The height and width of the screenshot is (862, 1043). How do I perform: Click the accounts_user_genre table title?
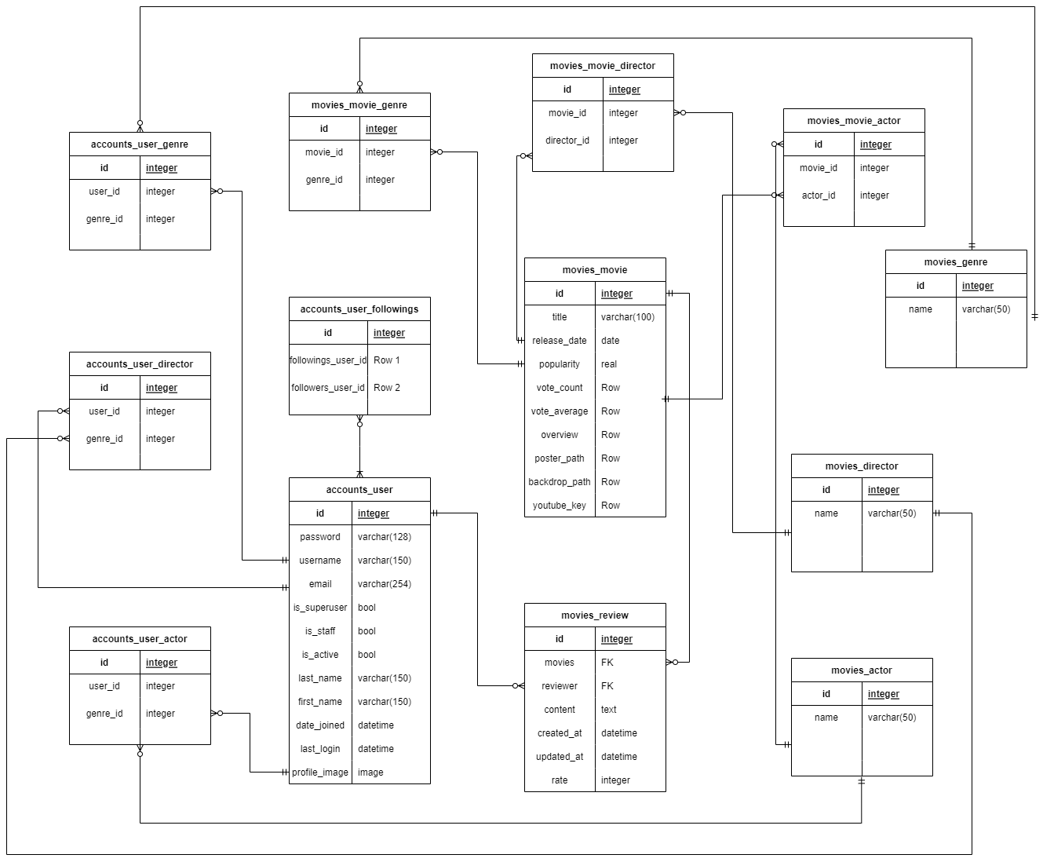tap(140, 144)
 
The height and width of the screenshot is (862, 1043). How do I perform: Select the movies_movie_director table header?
tap(603, 66)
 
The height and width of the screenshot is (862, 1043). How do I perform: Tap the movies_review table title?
tap(595, 615)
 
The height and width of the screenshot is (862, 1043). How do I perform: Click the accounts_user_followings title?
tap(359, 309)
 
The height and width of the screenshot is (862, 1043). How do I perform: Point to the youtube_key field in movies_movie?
tap(560, 506)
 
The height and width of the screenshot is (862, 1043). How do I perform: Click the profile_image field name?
tap(320, 773)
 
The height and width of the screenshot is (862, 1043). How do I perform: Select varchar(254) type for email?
tap(385, 584)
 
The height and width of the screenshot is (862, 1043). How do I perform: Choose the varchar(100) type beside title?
tap(628, 317)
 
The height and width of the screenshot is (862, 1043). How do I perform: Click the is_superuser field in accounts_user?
tap(320, 608)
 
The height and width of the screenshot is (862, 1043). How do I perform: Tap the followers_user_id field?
tap(328, 388)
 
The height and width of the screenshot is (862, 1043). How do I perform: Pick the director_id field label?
tap(567, 141)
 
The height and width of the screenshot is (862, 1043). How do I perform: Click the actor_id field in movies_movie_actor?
tap(819, 195)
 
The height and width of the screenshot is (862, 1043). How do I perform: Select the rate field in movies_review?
tap(560, 780)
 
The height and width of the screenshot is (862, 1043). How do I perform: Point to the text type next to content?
tap(609, 710)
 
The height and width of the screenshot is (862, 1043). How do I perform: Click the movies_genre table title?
tap(956, 262)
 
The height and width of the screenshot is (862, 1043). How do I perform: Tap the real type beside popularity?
tap(609, 364)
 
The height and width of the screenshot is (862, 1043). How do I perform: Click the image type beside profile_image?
tap(370, 773)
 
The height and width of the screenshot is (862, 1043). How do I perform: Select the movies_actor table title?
tap(862, 670)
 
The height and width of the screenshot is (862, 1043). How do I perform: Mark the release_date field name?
tap(560, 341)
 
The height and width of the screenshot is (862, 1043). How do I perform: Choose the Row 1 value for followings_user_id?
tap(387, 360)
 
